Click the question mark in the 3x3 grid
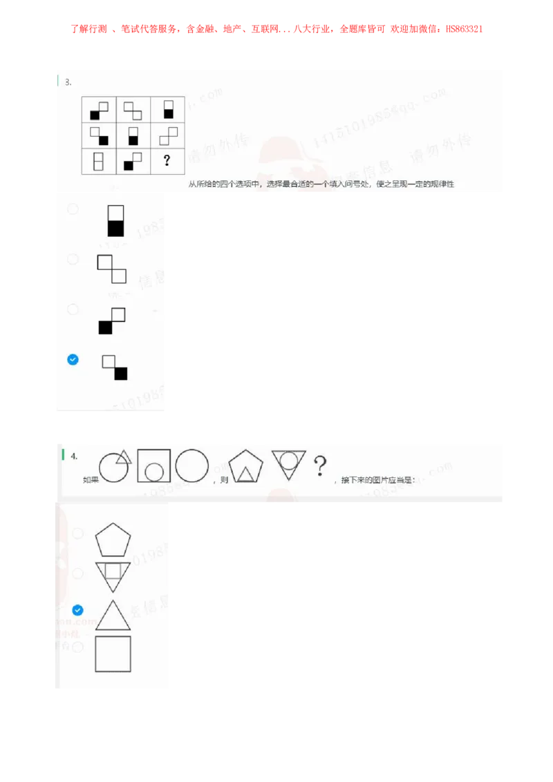[x=167, y=161]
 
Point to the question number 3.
[x=68, y=82]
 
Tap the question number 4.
[x=74, y=456]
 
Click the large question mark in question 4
[x=319, y=466]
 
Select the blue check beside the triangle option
[x=77, y=610]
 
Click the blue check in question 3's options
[x=73, y=359]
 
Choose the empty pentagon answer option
[x=113, y=540]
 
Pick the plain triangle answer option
[x=113, y=616]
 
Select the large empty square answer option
[x=113, y=654]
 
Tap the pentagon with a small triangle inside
[x=245, y=467]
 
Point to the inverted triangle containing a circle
[x=288, y=464]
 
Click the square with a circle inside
[x=153, y=466]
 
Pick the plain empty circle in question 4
[x=191, y=465]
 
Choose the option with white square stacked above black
[x=115, y=220]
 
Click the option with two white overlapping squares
[x=112, y=269]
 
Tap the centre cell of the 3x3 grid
[x=133, y=135]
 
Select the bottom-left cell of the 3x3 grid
[x=99, y=161]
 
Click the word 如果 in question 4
[x=91, y=479]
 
